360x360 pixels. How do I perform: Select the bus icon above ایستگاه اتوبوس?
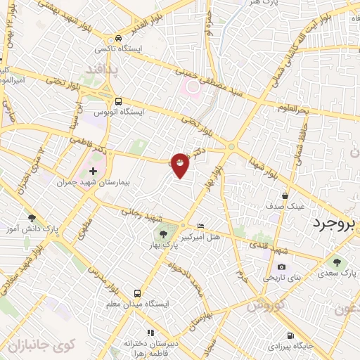(118, 101)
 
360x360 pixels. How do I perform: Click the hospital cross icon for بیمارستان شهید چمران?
(94, 172)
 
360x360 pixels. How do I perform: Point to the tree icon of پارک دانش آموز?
(31, 218)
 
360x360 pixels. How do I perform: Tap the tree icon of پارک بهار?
(163, 235)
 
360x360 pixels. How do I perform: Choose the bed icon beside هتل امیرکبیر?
(202, 226)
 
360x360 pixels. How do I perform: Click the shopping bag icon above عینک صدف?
(284, 195)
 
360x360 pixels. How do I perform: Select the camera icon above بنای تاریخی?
(281, 266)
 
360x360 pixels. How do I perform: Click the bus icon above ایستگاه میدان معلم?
(137, 293)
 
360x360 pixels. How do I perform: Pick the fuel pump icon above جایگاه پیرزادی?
(290, 335)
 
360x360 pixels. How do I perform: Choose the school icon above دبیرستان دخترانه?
(149, 332)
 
